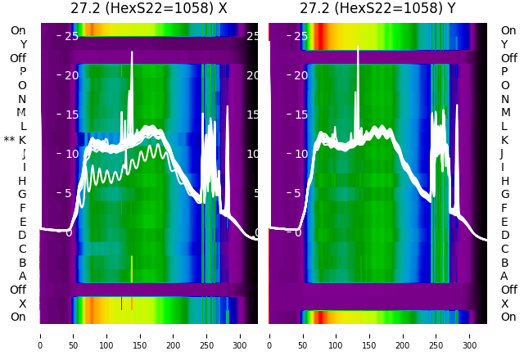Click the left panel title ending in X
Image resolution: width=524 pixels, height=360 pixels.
click(148, 9)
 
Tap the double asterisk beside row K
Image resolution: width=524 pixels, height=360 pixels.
click(9, 141)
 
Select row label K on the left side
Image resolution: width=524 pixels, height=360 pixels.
click(23, 140)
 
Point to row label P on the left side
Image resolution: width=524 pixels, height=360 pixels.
click(23, 71)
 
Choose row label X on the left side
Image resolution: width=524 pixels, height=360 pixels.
click(23, 304)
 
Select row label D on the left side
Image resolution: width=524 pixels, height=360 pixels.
click(23, 235)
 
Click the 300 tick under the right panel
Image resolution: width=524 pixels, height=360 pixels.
click(470, 335)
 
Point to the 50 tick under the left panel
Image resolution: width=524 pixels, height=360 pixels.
click(73, 335)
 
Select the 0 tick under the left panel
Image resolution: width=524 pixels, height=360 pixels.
click(39, 335)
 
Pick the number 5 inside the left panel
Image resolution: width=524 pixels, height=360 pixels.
click(70, 193)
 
